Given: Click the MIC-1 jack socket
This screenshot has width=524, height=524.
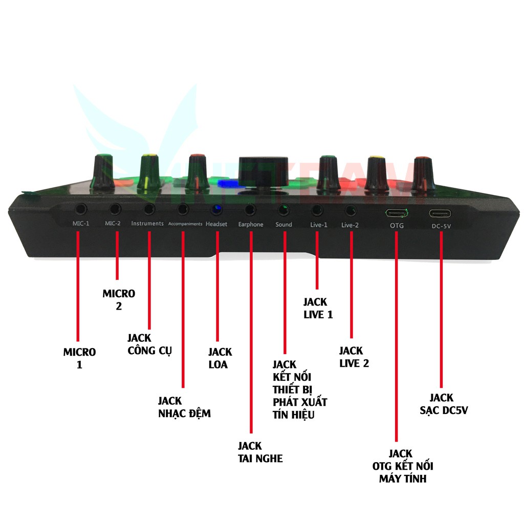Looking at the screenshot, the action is coord(80,208).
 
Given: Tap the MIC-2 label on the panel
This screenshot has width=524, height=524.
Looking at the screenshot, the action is coord(113,224).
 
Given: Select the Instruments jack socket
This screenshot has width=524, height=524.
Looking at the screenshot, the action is coord(149,208).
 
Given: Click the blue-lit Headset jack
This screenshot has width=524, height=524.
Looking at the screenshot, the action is coord(216,209).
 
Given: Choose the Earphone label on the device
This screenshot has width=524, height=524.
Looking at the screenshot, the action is coord(251,224).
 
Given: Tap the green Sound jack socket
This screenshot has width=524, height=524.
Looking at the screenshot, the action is coord(283,209).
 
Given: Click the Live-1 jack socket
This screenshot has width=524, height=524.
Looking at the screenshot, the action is coord(317,209).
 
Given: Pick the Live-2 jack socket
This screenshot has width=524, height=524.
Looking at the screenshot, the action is coord(351,210).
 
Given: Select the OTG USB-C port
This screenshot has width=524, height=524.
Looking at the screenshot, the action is coord(397,213).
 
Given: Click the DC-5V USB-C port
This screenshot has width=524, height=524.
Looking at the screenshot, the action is coord(440,213).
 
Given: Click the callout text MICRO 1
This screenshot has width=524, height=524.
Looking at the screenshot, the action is coord(79,358).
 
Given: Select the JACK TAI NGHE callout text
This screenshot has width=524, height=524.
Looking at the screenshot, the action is coord(260,452).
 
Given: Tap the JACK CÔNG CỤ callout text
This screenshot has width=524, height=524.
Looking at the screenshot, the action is coord(149,344).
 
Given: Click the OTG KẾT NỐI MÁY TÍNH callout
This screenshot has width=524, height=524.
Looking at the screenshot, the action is coord(403,466).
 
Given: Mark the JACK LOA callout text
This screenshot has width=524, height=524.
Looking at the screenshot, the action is coord(220,358).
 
